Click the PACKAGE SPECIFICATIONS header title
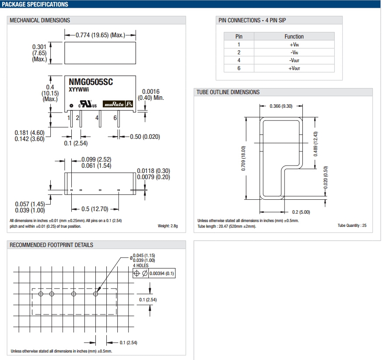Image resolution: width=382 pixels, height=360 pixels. [35, 4]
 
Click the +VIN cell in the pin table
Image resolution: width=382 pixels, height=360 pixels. [294, 44]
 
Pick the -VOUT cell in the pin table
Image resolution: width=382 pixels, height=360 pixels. [294, 60]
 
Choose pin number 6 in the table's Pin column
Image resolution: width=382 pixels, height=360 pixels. [239, 68]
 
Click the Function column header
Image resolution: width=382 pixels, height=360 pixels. [294, 36]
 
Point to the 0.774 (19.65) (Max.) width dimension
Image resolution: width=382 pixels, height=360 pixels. [100, 35]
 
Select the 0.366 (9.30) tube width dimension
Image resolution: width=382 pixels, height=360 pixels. [281, 106]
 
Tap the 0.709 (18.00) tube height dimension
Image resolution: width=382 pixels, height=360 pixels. [243, 158]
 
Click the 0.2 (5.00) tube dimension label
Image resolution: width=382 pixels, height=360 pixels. [301, 212]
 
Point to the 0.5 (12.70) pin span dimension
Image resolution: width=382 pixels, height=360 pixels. [95, 209]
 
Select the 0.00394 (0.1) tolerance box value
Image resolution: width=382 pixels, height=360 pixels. [161, 273]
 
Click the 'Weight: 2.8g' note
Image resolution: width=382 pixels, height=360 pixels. [168, 226]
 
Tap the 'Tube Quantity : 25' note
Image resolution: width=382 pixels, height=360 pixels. [352, 226]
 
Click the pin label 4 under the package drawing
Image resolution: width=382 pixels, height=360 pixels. [97, 117]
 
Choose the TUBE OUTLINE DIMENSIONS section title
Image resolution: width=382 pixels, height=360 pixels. [228, 92]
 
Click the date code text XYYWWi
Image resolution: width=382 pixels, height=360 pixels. [79, 89]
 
